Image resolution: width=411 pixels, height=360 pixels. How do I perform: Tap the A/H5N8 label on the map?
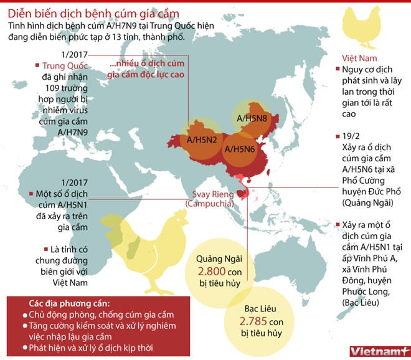point(253,116)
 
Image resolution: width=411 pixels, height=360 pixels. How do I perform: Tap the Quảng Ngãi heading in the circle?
point(215,258)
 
